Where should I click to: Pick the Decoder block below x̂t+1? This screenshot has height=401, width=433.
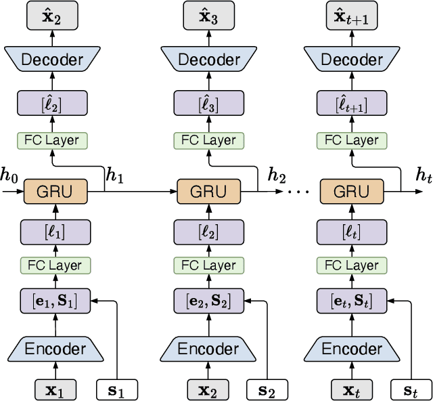tap(351, 60)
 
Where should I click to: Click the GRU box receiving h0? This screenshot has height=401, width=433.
tap(55, 192)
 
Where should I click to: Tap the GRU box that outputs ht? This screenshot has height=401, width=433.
tap(351, 192)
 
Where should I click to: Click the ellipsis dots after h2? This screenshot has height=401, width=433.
tap(298, 192)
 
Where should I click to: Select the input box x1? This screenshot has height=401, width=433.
tap(55, 389)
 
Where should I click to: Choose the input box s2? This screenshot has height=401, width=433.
tap(267, 389)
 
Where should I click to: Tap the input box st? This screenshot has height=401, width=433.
tap(410, 389)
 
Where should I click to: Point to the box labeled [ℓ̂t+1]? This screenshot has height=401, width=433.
tap(351, 105)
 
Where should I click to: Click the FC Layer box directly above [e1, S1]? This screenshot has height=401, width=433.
tap(55, 266)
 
